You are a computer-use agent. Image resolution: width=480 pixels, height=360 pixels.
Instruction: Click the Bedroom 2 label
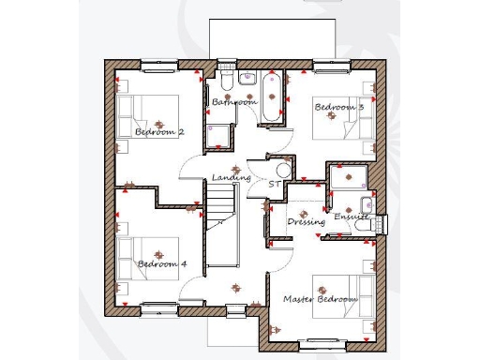click(159, 132)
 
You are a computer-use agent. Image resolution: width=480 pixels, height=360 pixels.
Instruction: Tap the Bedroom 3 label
click(338, 107)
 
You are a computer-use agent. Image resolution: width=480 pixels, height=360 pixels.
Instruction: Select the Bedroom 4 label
click(162, 264)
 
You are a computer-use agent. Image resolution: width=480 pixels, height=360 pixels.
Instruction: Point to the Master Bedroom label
click(321, 299)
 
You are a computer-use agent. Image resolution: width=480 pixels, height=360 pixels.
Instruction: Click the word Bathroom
click(233, 101)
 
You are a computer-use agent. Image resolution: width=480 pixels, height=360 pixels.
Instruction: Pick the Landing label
click(231, 177)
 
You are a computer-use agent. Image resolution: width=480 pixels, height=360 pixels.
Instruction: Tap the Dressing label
click(307, 222)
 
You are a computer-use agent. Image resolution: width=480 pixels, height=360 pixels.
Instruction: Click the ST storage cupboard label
click(274, 185)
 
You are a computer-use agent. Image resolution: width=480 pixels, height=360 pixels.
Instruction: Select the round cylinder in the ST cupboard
click(284, 171)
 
